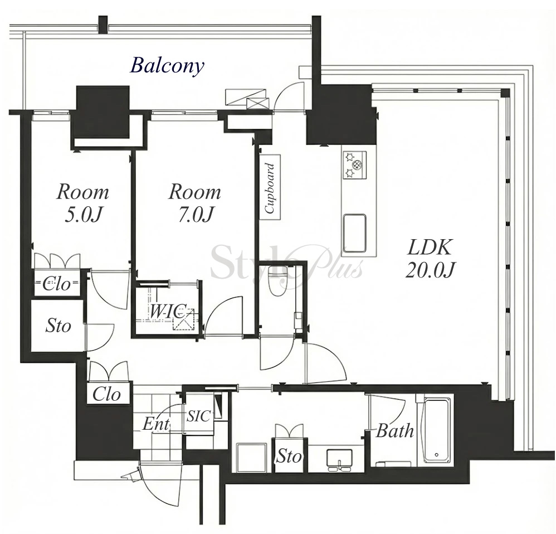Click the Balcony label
tap(167, 66)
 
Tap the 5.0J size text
tap(83, 214)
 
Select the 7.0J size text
tap(196, 214)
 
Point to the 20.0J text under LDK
tap(430, 270)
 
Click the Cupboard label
tap(270, 188)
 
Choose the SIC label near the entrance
tap(198, 416)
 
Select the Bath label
tap(394, 431)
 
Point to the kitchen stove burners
tap(354, 164)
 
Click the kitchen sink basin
tap(354, 233)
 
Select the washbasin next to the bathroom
tap(340, 459)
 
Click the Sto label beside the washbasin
tap(289, 456)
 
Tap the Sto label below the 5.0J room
tap(58, 326)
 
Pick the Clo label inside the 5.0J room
tap(57, 284)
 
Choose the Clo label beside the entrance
tap(106, 394)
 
